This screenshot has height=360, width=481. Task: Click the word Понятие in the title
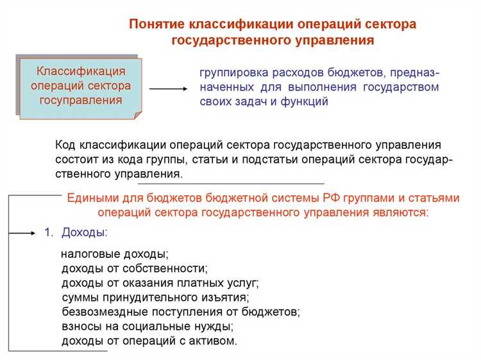(x=156, y=24)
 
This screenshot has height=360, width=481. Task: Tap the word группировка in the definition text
(x=235, y=72)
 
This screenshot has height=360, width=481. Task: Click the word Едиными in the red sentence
(x=89, y=198)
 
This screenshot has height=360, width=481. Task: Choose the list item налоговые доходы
(x=114, y=254)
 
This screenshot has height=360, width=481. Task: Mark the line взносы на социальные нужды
(x=147, y=327)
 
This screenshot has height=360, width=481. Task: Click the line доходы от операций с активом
(x=149, y=341)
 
